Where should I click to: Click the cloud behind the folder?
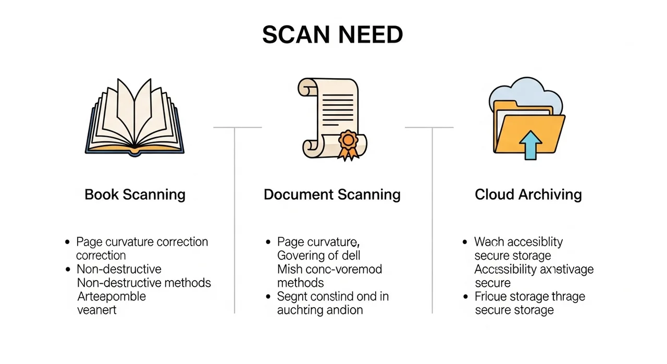[526, 94]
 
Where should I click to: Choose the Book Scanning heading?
[135, 195]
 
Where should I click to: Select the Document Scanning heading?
[332, 195]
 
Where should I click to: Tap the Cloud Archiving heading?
[528, 195]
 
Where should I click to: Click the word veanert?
[96, 310]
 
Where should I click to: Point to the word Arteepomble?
[112, 296]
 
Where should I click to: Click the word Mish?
[289, 269]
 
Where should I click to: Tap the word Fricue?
[491, 296]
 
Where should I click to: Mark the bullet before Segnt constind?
[268, 297]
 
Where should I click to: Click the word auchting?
[300, 310]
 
